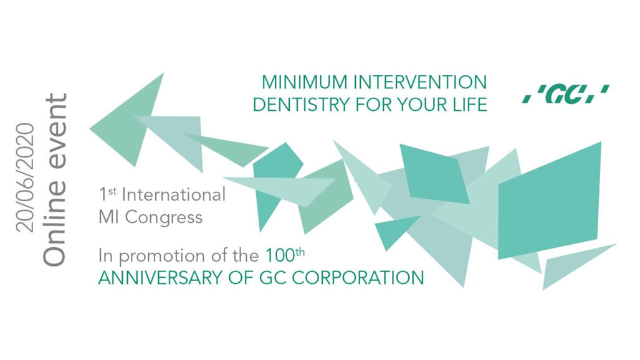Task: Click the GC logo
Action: (565, 95)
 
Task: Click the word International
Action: (174, 195)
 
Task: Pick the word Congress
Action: (165, 217)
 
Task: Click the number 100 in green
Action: (277, 255)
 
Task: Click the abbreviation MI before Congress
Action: (109, 217)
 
